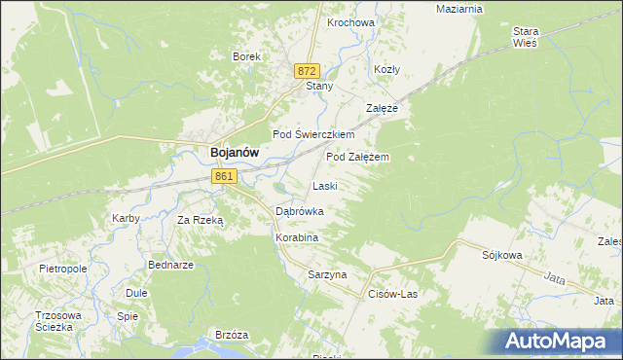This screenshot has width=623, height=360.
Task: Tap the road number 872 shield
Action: [308, 71]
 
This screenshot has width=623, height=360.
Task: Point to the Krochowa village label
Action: [351, 22]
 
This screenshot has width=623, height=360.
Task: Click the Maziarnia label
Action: [459, 9]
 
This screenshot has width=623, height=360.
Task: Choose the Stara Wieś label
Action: [526, 37]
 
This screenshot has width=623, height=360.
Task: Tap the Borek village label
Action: [246, 56]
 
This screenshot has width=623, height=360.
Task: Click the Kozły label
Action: [387, 70]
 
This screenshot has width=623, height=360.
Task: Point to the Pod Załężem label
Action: [358, 156]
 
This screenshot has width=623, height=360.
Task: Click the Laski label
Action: [324, 185]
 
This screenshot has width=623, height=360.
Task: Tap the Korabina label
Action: [297, 236]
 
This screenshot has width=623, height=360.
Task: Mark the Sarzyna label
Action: [327, 274]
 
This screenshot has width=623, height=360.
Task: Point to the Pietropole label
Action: [63, 268]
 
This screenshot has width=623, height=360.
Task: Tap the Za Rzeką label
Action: [200, 220]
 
